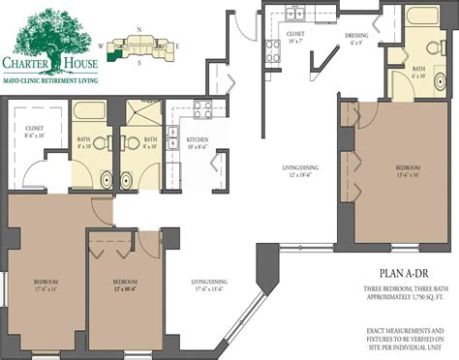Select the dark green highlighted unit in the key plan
(x=119, y=53)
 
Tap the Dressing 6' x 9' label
(x=356, y=40)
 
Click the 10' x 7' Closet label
(x=295, y=36)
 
